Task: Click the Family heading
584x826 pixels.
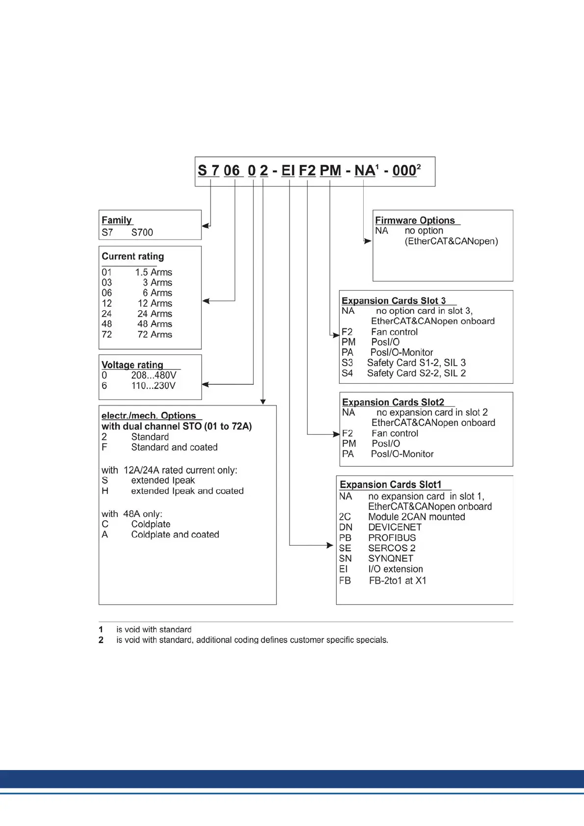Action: click(x=117, y=220)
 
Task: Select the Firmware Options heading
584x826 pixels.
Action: click(x=415, y=220)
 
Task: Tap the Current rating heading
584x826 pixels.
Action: click(x=133, y=256)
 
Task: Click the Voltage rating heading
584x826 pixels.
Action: click(x=132, y=365)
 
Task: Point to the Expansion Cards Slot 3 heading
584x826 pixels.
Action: click(x=394, y=300)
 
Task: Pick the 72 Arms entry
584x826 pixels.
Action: click(x=155, y=334)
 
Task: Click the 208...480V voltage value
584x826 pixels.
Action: click(x=154, y=375)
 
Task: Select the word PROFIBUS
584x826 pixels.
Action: click(x=392, y=537)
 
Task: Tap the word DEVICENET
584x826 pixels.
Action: click(x=395, y=527)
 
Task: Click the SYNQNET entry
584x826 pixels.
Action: click(x=391, y=558)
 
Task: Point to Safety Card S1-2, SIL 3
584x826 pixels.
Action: click(x=416, y=363)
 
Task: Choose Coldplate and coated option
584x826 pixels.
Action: click(x=175, y=534)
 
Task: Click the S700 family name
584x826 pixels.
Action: click(x=142, y=232)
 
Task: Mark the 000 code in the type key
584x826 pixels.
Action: click(x=404, y=171)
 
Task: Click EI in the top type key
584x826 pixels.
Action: click(x=288, y=171)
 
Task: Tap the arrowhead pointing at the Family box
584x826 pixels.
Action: click(x=205, y=226)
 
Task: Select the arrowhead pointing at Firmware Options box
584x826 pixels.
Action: click(x=368, y=241)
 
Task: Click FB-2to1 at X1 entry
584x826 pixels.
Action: click(x=398, y=581)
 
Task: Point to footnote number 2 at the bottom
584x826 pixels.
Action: click(x=101, y=640)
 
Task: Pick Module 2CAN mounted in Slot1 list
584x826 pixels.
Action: click(x=416, y=517)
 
